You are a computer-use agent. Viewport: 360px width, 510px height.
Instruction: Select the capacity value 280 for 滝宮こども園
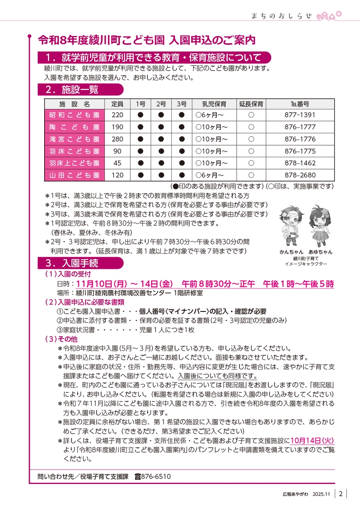[x=117, y=139]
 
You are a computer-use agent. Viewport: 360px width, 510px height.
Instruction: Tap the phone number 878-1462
[x=300, y=163]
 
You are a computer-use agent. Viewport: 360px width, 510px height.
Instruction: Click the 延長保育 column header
[x=251, y=104]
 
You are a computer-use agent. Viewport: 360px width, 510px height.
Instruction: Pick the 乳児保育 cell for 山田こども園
[x=214, y=175]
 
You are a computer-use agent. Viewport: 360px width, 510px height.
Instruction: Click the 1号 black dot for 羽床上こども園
[x=140, y=163]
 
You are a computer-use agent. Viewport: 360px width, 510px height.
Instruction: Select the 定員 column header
[x=117, y=104]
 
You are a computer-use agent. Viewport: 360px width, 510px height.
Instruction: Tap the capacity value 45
[x=117, y=163]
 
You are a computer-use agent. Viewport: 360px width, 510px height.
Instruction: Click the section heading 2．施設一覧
[x=81, y=89]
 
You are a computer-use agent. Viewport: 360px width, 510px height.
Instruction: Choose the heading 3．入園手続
[x=81, y=263]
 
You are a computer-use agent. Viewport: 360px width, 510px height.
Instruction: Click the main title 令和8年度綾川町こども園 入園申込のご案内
[x=147, y=40]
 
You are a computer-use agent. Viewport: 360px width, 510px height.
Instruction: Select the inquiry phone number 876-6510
[x=156, y=477]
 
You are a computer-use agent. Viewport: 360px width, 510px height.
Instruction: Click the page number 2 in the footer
[x=341, y=494]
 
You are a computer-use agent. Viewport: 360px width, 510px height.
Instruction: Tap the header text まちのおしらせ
[x=282, y=16]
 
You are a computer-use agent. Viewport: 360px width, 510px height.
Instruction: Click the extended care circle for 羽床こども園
[x=251, y=151]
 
